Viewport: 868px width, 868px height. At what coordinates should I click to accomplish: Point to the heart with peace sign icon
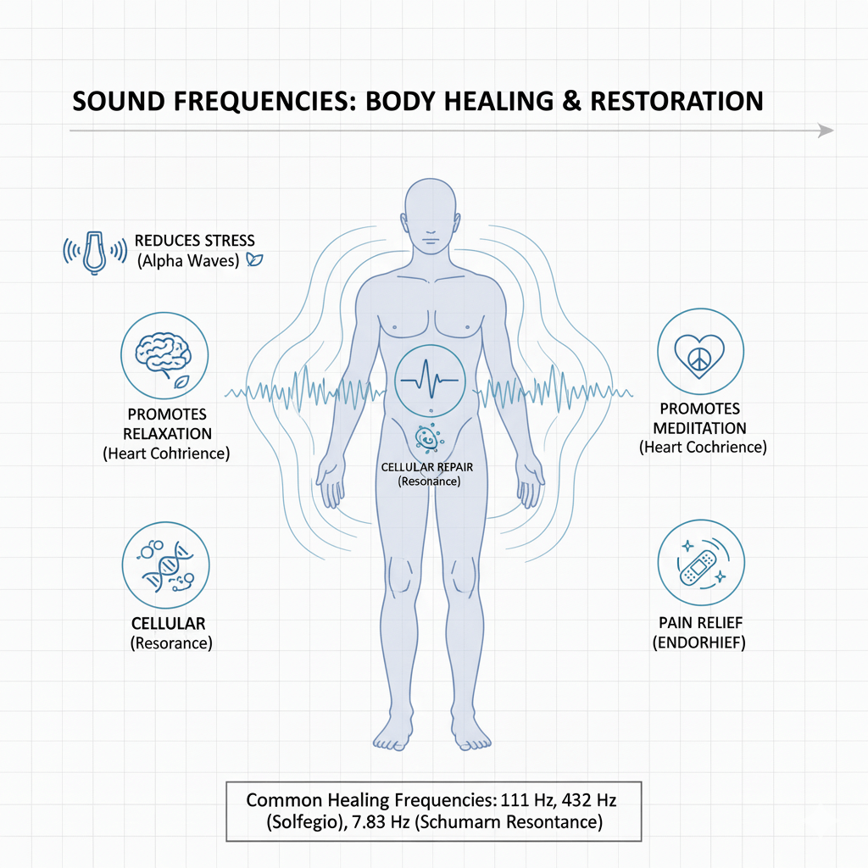pos(701,350)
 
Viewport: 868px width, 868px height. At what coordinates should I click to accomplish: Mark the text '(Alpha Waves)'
pos(188,261)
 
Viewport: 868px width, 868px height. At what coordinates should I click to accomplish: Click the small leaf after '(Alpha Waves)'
pos(253,261)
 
